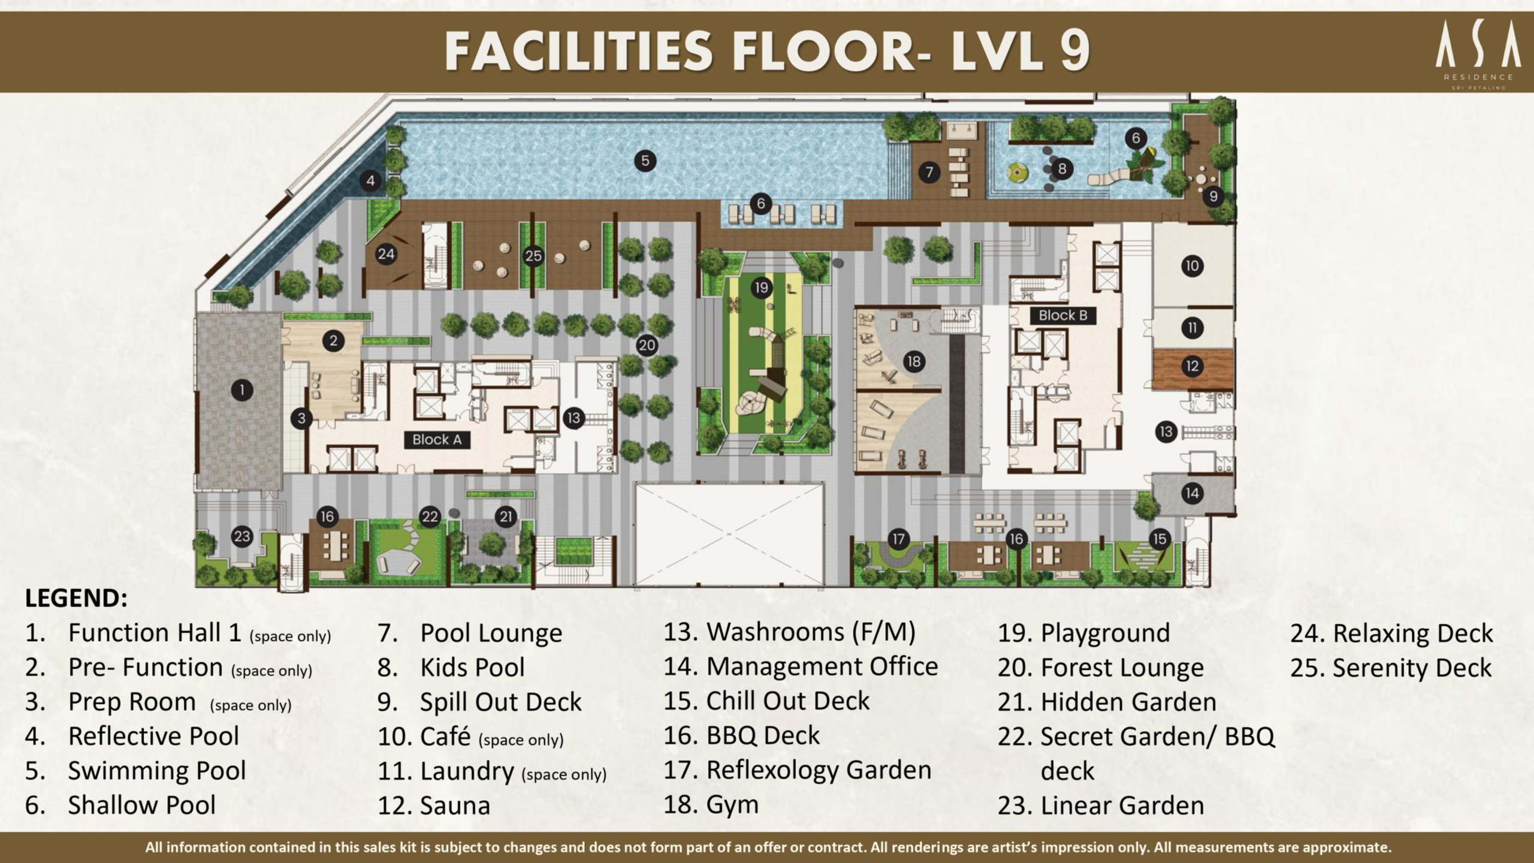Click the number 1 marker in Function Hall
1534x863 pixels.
pyautogui.click(x=242, y=391)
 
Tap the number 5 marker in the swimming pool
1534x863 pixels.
pyautogui.click(x=645, y=161)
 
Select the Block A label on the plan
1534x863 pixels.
pyautogui.click(x=437, y=440)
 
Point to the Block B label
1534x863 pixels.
pyautogui.click(x=1063, y=315)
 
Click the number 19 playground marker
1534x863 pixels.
pyautogui.click(x=761, y=288)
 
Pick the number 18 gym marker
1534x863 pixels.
pyautogui.click(x=914, y=361)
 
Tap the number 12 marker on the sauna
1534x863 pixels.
pyautogui.click(x=1192, y=366)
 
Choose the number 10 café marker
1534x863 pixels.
pyautogui.click(x=1192, y=266)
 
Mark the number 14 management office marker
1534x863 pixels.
pyautogui.click(x=1192, y=493)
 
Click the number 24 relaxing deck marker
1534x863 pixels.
pyautogui.click(x=386, y=254)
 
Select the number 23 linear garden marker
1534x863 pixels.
pyautogui.click(x=242, y=536)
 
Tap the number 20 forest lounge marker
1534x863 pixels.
pyautogui.click(x=647, y=345)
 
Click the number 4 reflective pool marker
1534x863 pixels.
pyautogui.click(x=370, y=180)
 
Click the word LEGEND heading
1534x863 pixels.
pyautogui.click(x=76, y=598)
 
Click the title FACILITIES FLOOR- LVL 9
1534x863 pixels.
pyautogui.click(x=767, y=52)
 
